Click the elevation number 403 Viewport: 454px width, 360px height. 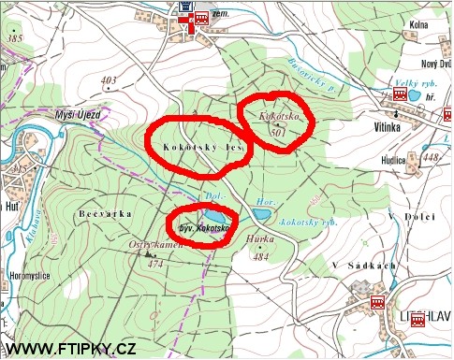point(109,79)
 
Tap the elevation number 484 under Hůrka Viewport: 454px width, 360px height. point(263,256)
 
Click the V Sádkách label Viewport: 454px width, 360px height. point(363,266)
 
